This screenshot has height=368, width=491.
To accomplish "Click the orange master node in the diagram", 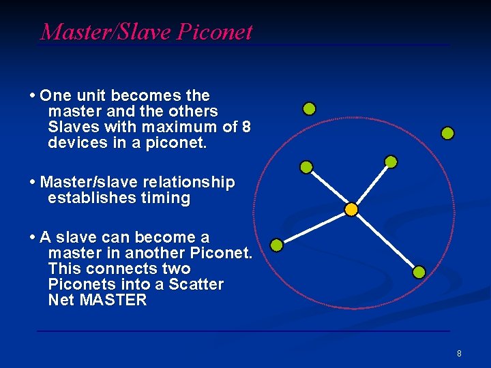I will (351, 209).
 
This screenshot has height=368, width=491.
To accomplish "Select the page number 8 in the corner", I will (459, 354).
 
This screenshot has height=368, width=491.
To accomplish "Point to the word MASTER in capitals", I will (113, 300).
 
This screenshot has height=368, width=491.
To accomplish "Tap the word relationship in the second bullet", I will (189, 183).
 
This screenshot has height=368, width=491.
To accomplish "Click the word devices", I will (74, 143).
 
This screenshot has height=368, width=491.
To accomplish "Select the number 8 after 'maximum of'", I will (246, 127).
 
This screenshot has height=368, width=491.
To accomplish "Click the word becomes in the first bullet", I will (142, 96).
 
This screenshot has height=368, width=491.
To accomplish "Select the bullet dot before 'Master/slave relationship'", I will (33, 183).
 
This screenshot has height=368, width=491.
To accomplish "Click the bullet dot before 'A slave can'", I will (33, 238).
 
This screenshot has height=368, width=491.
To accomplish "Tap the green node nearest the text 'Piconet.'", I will (276, 245).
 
